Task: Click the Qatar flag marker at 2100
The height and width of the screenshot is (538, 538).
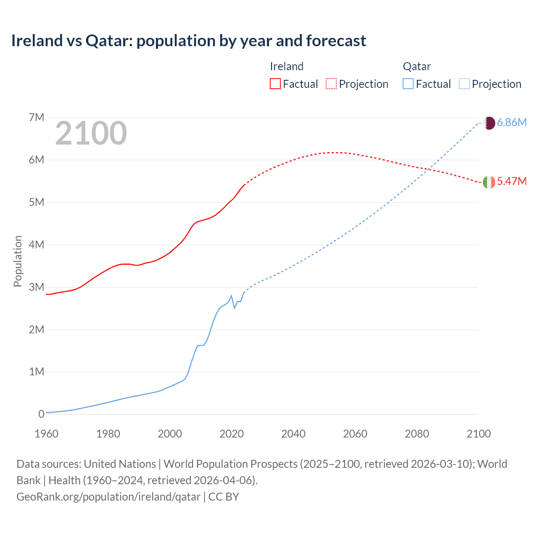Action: pos(489,123)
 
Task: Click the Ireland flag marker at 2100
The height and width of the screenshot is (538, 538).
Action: pos(489,182)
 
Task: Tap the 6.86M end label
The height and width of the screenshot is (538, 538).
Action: pos(512,123)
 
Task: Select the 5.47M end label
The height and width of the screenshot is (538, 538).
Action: pos(512,182)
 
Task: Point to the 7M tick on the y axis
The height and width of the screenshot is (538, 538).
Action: pos(37,117)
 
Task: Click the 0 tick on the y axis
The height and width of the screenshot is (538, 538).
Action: pos(41,414)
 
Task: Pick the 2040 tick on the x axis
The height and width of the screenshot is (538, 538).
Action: pos(293,434)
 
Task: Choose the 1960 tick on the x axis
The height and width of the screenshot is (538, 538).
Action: pos(46,434)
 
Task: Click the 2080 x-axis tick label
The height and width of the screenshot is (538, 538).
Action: pos(417,434)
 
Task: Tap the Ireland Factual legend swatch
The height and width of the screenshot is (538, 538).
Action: pos(275,84)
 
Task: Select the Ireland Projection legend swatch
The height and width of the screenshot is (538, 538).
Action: pos(331,84)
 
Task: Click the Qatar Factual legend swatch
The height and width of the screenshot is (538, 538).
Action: pos(408,84)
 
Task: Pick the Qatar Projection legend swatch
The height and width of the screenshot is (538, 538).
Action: pos(464,84)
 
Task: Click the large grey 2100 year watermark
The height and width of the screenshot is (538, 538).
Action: pos(91,133)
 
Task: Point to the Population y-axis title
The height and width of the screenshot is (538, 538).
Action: pos(18,261)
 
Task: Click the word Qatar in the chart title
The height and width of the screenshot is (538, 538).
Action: pos(109,41)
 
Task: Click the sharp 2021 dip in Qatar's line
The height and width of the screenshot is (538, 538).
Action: pos(235,308)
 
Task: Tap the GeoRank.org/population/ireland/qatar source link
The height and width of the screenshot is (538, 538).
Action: pos(108,497)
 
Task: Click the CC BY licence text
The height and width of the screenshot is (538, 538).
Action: pos(224,497)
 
